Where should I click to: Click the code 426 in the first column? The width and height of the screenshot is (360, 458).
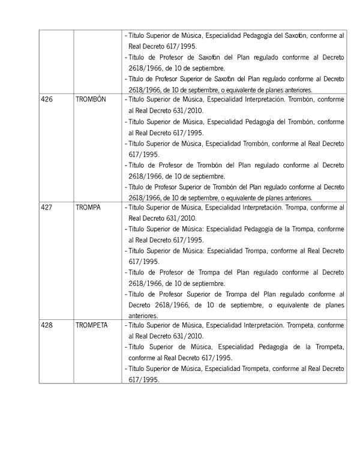click(46, 99)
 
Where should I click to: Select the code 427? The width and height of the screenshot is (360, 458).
click(46, 207)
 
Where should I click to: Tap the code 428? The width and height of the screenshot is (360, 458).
click(46, 325)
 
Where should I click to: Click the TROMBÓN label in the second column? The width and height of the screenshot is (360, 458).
click(91, 99)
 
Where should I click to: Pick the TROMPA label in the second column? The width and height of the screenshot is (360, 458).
click(88, 207)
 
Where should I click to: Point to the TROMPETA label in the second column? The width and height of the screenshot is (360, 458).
click(92, 325)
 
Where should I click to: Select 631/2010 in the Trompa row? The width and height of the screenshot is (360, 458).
click(166, 218)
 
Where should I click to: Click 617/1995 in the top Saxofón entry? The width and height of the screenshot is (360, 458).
click(180, 46)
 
